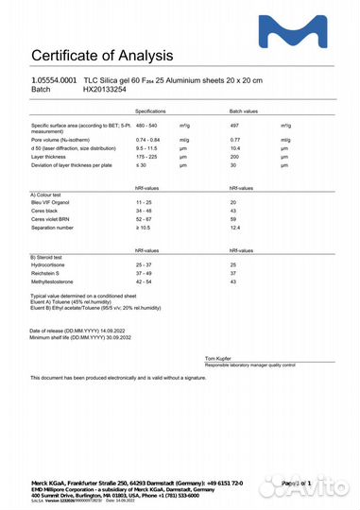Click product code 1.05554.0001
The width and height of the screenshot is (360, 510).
(x=55, y=82)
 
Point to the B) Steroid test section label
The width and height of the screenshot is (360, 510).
(x=50, y=257)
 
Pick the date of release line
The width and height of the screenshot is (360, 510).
(x=86, y=331)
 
